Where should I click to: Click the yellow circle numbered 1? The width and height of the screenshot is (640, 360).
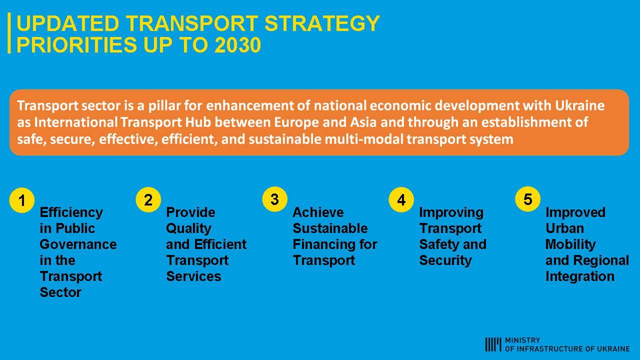22,200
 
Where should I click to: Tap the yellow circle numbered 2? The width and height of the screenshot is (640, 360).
148,199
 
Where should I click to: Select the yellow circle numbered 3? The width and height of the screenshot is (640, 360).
275,199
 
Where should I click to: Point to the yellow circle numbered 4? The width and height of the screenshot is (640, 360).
401,199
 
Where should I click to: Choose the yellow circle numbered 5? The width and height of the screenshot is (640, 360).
527,199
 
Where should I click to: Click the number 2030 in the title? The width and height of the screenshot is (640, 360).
238,45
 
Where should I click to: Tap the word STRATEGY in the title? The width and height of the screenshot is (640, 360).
322,23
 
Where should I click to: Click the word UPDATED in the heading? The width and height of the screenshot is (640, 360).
68,23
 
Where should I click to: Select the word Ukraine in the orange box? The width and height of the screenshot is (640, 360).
579,105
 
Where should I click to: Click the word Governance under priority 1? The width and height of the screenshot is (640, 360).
78,244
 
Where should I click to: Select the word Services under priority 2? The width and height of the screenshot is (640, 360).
193,276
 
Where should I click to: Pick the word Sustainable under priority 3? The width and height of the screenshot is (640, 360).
330,228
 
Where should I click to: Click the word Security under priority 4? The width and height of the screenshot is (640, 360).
445,261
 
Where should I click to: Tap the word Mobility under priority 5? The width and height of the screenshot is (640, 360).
570,245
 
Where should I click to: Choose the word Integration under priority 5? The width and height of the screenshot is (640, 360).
580,277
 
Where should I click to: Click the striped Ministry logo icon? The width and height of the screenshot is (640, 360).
493,344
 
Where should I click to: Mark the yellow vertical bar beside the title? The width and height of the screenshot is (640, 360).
9,33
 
